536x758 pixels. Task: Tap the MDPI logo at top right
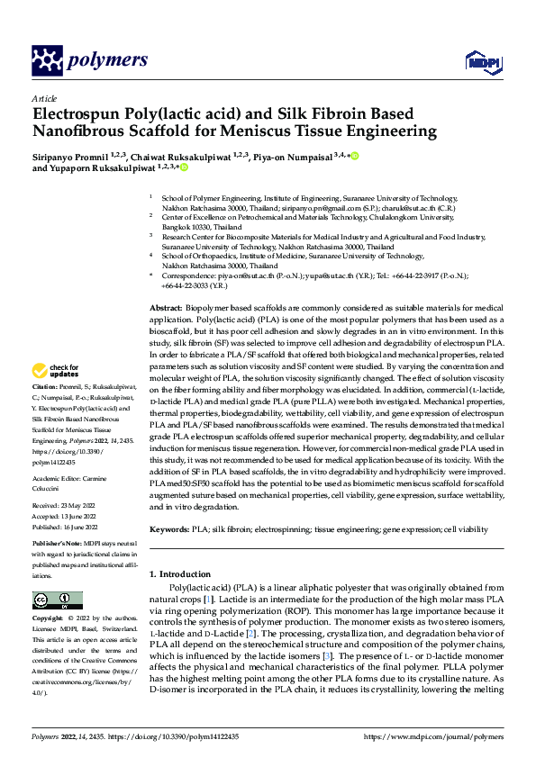[482, 61]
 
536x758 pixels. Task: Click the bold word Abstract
[165, 309]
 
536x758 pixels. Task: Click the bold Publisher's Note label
[57, 546]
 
